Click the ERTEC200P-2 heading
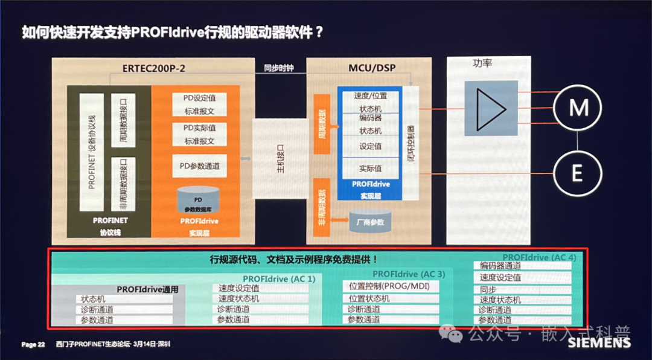[154, 68]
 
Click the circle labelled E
[577, 174]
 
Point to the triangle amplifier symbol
[491, 107]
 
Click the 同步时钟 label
[279, 68]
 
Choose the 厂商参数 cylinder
[369, 221]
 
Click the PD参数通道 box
[199, 166]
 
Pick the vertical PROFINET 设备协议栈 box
[92, 151]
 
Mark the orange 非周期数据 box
[321, 207]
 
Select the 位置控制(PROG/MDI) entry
[390, 286]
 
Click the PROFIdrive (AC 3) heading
[413, 274]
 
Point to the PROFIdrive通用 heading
[148, 289]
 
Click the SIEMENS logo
[599, 343]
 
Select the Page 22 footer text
[34, 344]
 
